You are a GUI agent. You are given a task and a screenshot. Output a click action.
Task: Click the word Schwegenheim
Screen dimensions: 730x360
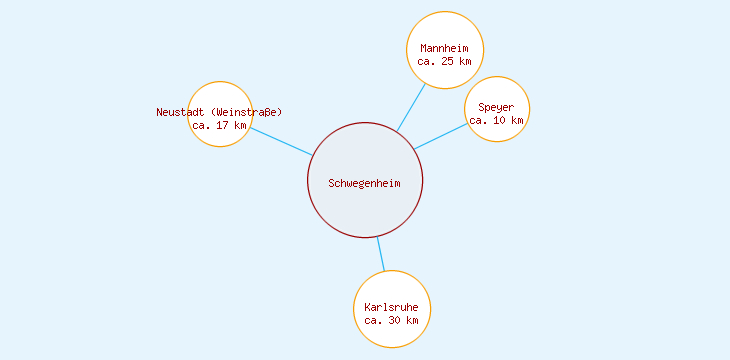[365, 182]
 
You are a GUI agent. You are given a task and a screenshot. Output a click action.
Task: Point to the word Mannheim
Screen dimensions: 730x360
[445, 48]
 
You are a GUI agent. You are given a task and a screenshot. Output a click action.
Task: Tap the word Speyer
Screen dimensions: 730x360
[496, 107]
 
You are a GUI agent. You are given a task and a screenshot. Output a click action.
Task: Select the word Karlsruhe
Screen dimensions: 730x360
[392, 307]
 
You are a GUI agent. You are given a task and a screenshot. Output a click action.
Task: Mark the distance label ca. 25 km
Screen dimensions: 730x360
[445, 61]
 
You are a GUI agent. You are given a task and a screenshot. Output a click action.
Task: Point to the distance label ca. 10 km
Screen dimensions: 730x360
[496, 120]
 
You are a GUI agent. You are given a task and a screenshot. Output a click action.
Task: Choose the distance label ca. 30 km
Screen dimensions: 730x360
[392, 320]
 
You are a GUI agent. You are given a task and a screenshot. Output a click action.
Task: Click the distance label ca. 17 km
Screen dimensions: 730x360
[219, 125]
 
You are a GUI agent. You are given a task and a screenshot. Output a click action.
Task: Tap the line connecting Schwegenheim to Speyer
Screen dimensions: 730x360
[440, 136]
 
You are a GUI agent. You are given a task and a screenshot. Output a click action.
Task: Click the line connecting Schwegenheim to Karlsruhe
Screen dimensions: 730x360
[380, 254]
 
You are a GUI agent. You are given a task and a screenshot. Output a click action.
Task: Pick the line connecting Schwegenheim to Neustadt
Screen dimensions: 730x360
[280, 141]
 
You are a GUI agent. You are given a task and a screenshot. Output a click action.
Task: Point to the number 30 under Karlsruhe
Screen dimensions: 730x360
[392, 320]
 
